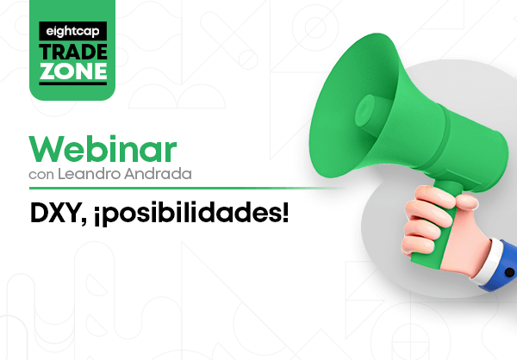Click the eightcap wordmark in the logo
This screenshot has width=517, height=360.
72,31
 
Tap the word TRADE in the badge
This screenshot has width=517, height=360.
73,53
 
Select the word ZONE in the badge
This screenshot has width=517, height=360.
73,71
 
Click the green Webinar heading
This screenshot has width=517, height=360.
103,149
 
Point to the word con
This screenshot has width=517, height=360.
41,175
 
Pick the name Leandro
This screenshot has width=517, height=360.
89,174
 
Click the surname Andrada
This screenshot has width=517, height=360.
158,174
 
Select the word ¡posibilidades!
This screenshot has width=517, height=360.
191,214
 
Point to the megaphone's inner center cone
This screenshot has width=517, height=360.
365,110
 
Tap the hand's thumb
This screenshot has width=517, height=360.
466,201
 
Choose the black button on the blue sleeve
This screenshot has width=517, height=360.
509,272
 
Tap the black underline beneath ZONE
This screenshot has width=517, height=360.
73,83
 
